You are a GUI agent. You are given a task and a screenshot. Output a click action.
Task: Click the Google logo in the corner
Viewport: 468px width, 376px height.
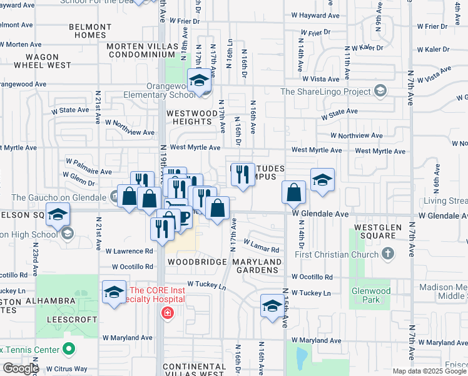point(21,368)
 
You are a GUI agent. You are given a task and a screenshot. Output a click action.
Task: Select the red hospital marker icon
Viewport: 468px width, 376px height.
point(167,313)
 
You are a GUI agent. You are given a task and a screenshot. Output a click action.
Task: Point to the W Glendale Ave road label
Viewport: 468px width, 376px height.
point(320,214)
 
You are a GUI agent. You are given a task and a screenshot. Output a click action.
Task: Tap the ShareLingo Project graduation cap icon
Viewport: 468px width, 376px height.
point(380,91)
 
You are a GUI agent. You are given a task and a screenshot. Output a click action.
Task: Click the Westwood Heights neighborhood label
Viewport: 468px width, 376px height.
point(189,117)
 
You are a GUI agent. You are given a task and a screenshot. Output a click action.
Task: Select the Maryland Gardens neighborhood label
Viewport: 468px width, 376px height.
point(257,265)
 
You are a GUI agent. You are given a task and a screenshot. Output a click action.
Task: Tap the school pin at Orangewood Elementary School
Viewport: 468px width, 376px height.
point(200,81)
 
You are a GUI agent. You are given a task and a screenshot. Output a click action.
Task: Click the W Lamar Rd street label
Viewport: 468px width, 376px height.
point(261,245)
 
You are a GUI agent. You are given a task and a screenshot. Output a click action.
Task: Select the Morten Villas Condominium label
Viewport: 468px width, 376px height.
point(146,51)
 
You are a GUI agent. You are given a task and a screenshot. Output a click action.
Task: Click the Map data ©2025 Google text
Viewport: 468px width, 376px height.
point(430,371)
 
